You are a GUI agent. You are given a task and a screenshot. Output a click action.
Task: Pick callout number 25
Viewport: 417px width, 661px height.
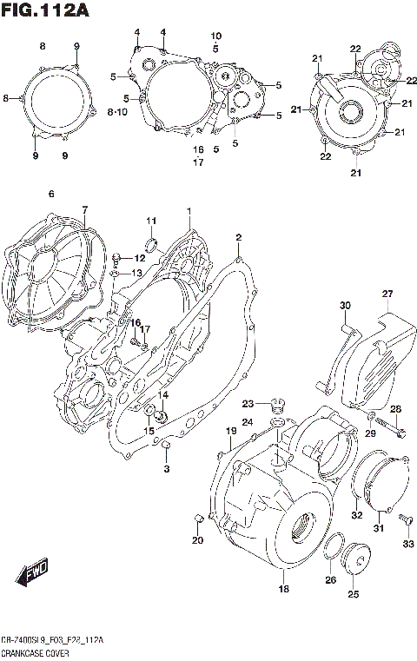tap(353, 594)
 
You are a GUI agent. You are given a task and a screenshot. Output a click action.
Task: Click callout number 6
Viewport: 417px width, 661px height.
tap(51, 194)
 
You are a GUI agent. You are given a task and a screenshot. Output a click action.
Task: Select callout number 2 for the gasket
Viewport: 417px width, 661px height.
tap(238, 237)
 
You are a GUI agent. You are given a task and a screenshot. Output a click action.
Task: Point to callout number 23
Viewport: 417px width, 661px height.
tap(248, 404)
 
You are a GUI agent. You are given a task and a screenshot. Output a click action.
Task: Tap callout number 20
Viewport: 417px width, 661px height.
tap(196, 541)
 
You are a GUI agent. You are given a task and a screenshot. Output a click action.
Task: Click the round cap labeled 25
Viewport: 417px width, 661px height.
tap(357, 559)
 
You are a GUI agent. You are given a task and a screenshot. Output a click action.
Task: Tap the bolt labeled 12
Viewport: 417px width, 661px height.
tap(116, 258)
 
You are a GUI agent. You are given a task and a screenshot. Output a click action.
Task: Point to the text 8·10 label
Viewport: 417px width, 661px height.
tap(117, 112)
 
